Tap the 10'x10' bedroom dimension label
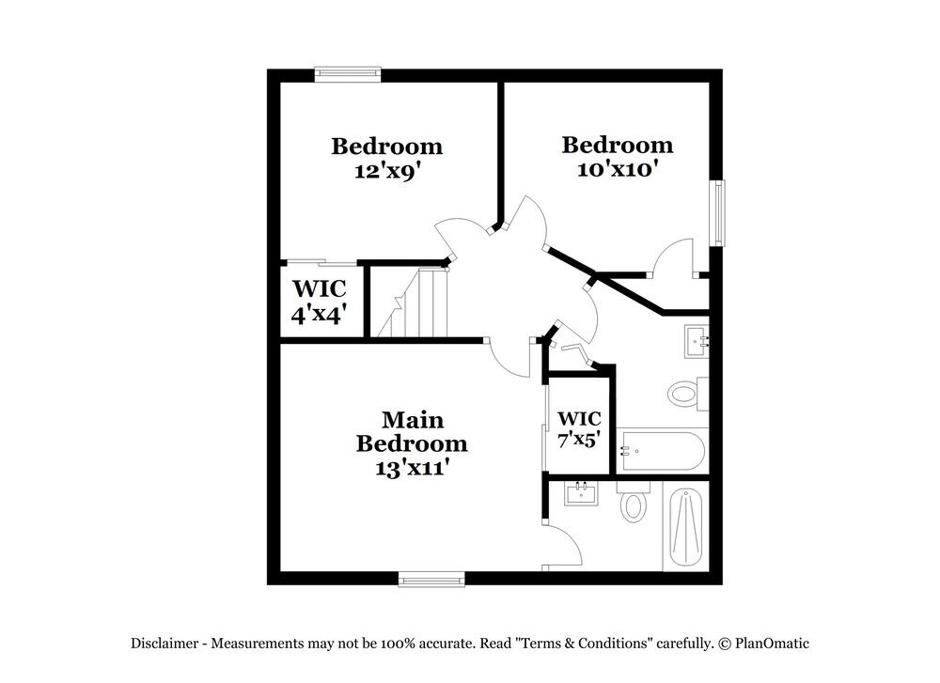618,169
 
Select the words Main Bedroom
412,431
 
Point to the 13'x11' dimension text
412,466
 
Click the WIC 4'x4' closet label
320,302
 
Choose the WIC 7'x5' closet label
579,427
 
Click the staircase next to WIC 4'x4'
411,302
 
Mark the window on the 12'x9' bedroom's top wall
348,74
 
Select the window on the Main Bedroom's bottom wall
431,578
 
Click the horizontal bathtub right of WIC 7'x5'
662,452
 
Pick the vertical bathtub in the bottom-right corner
686,527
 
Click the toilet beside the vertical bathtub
634,504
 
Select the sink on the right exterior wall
697,339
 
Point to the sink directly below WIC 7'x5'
580,492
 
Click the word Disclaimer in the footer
164,644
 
